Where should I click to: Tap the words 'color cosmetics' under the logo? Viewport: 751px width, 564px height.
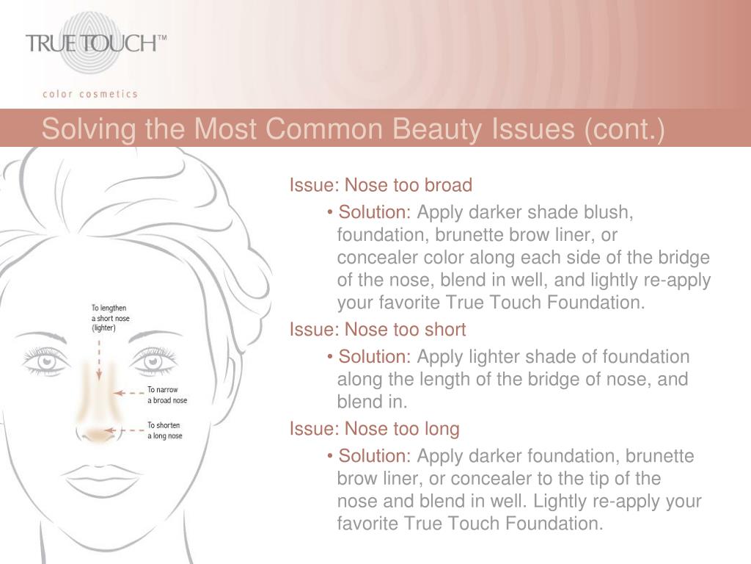pyautogui.click(x=90, y=94)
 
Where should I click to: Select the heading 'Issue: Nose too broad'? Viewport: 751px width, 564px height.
pyautogui.click(x=381, y=185)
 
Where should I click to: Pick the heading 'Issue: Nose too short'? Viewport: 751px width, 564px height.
pyautogui.click(x=378, y=330)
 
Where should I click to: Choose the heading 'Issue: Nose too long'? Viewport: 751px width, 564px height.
pyautogui.click(x=375, y=429)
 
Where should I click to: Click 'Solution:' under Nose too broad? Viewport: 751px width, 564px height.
pyautogui.click(x=375, y=212)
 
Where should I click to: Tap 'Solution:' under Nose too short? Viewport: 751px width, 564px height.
pyautogui.click(x=375, y=357)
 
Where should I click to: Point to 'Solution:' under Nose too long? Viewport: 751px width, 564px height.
pyautogui.click(x=375, y=456)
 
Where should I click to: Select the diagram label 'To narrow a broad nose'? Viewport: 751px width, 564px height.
pyautogui.click(x=167, y=394)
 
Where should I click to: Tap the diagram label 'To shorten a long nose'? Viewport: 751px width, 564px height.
pyautogui.click(x=165, y=430)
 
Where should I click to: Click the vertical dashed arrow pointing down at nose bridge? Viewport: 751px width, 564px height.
pyautogui.click(x=99, y=360)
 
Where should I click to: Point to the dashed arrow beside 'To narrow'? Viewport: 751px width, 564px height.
pyautogui.click(x=128, y=394)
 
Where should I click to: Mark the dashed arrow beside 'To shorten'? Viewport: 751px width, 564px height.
pyautogui.click(x=125, y=430)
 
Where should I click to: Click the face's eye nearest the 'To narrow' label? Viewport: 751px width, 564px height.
pyautogui.click(x=153, y=361)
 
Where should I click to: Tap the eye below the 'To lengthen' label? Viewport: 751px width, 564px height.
pyautogui.click(x=46, y=361)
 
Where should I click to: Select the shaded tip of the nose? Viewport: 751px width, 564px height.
pyautogui.click(x=98, y=435)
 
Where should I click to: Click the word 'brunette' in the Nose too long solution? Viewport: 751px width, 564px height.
pyautogui.click(x=659, y=456)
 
